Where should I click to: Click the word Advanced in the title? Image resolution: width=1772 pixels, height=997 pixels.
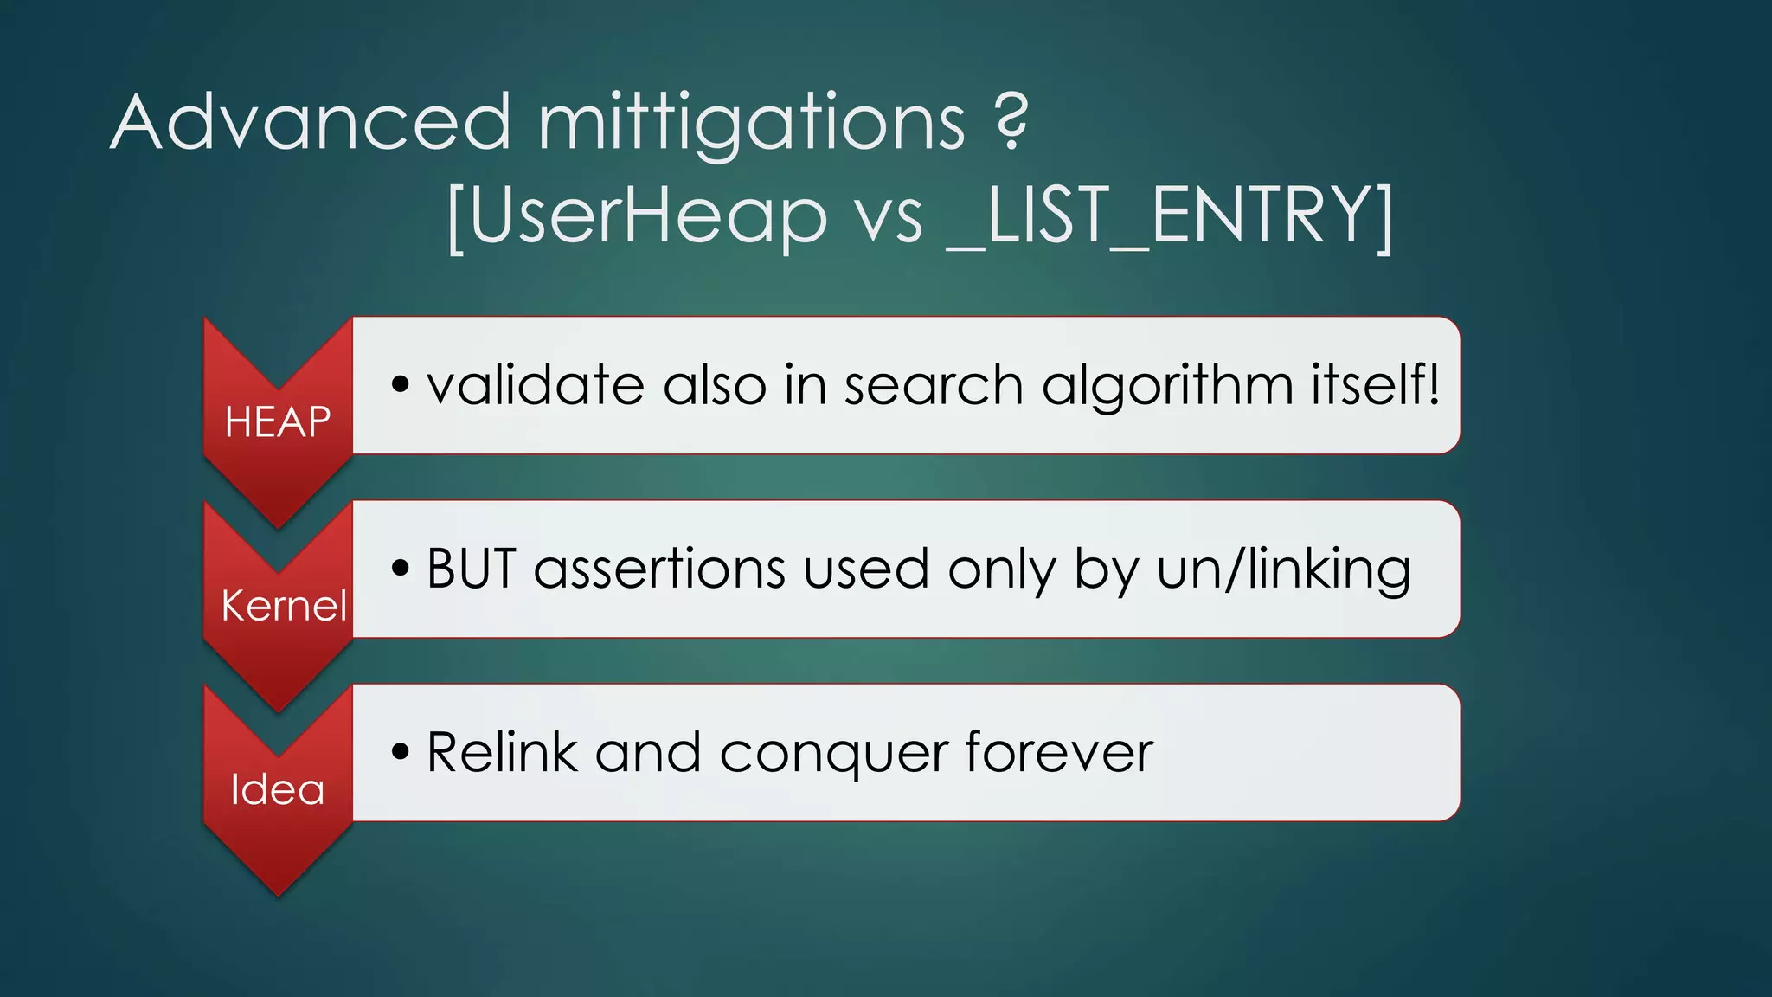[x=311, y=123]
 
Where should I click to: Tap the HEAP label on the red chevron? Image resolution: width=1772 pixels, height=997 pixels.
[x=278, y=422]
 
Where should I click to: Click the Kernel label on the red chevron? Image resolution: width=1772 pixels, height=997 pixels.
[x=284, y=605]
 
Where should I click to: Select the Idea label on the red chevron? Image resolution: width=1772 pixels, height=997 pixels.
[x=278, y=789]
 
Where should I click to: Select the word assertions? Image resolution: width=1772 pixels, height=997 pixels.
[x=658, y=569]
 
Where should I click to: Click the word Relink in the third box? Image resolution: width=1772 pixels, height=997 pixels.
[x=502, y=752]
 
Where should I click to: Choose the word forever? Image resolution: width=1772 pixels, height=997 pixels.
[x=1058, y=752]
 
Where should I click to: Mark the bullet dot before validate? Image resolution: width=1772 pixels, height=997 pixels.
[x=399, y=384]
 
